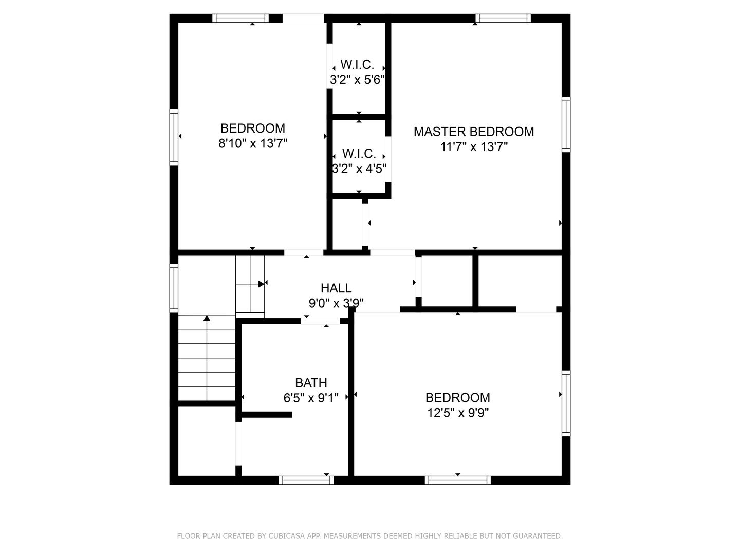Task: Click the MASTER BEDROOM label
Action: (x=474, y=132)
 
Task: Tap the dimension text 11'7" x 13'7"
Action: (x=474, y=147)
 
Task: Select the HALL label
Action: (x=336, y=288)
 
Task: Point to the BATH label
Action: (x=311, y=383)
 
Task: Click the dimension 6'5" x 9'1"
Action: (x=311, y=398)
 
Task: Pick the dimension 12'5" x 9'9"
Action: (x=458, y=413)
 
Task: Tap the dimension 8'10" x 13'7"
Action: (x=253, y=143)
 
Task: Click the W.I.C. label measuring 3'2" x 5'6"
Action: (x=357, y=64)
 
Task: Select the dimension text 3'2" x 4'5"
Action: (x=359, y=168)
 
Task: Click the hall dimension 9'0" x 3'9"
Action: (x=336, y=303)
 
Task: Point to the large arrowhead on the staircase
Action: (x=261, y=284)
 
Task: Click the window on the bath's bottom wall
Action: (x=306, y=480)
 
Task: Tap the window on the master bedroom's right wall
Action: (x=566, y=124)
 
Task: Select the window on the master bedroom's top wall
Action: (x=503, y=18)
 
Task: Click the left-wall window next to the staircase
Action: (x=174, y=288)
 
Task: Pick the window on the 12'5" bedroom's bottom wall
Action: (x=457, y=480)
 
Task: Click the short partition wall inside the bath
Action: (x=267, y=415)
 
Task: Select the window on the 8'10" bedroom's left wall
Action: (x=174, y=138)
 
